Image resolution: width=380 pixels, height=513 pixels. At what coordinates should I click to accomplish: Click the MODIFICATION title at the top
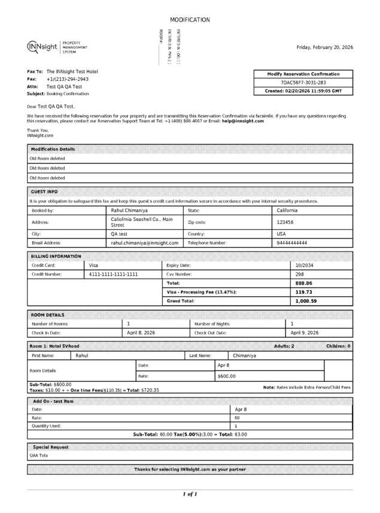pos(190,20)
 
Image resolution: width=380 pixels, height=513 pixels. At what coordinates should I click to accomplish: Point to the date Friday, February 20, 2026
pos(325,47)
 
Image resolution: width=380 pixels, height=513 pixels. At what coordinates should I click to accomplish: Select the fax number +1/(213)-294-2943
pos(68,79)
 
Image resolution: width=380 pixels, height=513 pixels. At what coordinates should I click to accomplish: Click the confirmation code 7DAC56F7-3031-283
pos(303,83)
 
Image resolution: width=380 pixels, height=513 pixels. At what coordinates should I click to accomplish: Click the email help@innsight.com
pos(243,121)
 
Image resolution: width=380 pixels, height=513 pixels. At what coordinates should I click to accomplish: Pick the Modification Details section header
pos(53,149)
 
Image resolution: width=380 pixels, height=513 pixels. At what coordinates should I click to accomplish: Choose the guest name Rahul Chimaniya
pos(130,211)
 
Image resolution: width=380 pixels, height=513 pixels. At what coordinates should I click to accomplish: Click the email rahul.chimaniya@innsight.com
pos(145,243)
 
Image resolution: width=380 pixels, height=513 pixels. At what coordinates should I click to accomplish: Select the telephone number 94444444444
pos(292,243)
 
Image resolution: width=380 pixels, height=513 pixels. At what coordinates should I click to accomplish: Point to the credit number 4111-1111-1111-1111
pos(114,274)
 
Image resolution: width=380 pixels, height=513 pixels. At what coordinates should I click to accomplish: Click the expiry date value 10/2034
pos(305,265)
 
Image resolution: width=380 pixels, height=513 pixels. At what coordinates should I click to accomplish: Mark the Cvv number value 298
pos(300,274)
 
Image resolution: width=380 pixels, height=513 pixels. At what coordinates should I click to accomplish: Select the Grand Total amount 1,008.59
pos(306,300)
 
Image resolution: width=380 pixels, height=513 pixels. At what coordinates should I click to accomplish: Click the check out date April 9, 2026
pos(305,332)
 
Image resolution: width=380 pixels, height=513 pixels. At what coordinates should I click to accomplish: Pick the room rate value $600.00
pos(227,376)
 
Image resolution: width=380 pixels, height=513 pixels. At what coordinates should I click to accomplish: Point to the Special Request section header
pos(50,447)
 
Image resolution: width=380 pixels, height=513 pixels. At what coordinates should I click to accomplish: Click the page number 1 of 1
pos(190,494)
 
